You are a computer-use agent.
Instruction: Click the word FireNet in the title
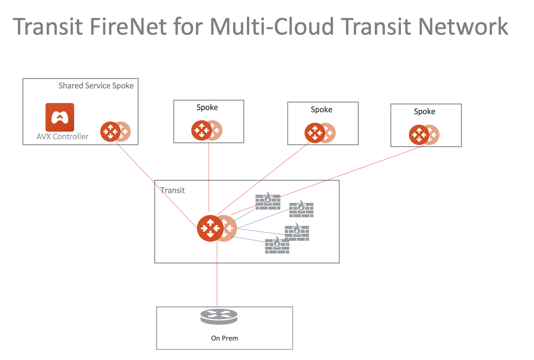[128, 26]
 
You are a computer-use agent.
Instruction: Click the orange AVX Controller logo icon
[60, 117]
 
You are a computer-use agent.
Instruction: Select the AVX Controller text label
[62, 137]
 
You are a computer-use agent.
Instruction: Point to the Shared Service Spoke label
[96, 86]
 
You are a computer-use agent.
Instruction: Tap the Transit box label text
[172, 190]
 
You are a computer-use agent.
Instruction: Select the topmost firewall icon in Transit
[268, 201]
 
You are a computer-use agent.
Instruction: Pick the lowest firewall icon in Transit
[277, 246]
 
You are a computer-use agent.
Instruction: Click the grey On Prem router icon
[219, 316]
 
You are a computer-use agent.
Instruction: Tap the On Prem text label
[224, 338]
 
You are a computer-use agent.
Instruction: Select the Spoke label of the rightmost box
[425, 112]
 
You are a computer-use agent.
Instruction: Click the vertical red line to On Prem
[217, 280]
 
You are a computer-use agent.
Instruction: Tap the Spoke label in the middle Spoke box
[321, 110]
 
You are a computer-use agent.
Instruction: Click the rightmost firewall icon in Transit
[301, 209]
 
